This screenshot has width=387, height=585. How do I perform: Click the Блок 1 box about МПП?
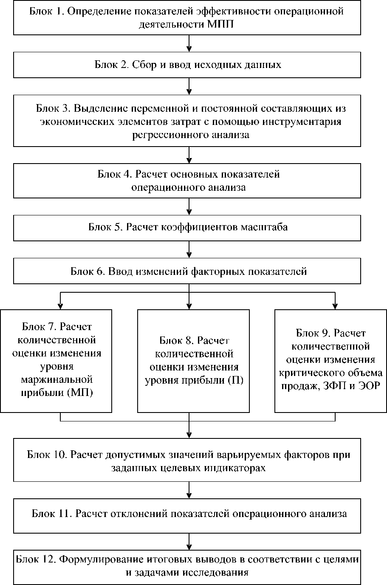click(187, 18)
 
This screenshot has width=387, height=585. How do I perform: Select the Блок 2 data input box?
click(187, 65)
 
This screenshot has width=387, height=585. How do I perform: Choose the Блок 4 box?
click(187, 181)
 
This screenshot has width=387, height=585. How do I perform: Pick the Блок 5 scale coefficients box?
click(187, 227)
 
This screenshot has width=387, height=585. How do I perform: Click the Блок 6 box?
click(187, 271)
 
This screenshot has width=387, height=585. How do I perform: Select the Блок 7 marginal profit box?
click(56, 361)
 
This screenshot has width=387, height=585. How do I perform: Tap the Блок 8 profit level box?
click(193, 361)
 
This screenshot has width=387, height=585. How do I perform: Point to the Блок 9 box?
click(331, 361)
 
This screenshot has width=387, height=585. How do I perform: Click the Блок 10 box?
click(187, 461)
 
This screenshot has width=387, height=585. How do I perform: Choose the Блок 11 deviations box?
click(187, 514)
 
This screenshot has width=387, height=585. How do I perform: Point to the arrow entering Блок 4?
click(189, 155)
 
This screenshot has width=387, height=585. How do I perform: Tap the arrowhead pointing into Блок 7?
click(61, 305)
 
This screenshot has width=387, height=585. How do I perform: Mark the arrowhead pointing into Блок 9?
click(335, 305)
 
